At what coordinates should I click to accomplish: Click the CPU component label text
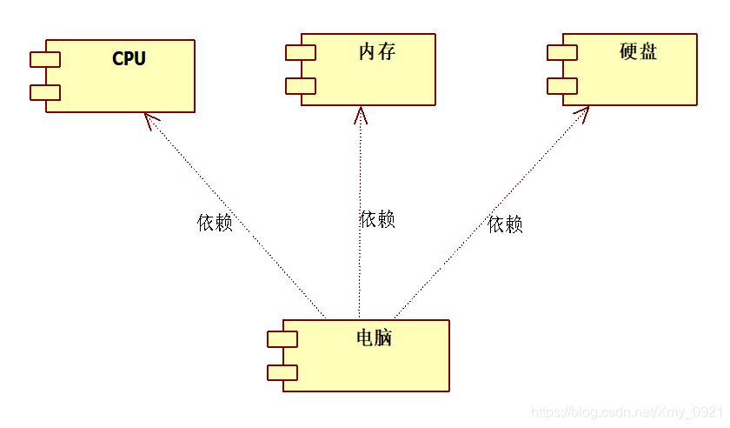click(x=129, y=59)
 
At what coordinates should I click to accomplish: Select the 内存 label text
click(x=376, y=52)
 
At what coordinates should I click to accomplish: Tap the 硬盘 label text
click(x=638, y=51)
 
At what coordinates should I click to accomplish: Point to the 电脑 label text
click(x=375, y=338)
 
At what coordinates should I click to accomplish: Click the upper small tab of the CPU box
click(x=45, y=59)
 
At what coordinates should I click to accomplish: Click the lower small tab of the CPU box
click(x=45, y=92)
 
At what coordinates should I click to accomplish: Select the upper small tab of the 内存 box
click(x=301, y=52)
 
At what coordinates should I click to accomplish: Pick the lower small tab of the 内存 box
click(x=301, y=85)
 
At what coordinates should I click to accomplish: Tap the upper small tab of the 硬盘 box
click(x=562, y=52)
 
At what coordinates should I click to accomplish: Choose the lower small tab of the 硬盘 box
click(x=562, y=85)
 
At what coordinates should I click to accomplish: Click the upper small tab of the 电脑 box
click(x=282, y=338)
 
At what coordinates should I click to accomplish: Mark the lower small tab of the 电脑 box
click(x=282, y=372)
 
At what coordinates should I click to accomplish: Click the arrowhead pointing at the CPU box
click(x=149, y=119)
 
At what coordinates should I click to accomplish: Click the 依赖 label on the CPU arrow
click(x=215, y=223)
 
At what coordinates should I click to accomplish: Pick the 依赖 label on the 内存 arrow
click(x=377, y=219)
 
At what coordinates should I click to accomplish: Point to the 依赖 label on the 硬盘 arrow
click(x=505, y=224)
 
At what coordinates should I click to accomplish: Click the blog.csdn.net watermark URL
click(x=626, y=411)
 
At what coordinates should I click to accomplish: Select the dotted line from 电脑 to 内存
click(x=359, y=261)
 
